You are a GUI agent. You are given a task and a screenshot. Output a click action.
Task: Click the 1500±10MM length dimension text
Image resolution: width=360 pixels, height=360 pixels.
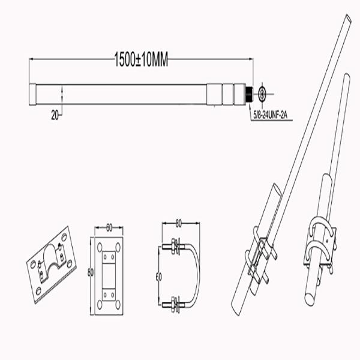(x=142, y=59)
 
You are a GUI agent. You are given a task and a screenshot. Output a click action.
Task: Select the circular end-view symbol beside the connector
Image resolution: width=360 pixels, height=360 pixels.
(x=263, y=94)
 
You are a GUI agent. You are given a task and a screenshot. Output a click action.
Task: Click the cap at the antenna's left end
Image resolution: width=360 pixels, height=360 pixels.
(x=32, y=94)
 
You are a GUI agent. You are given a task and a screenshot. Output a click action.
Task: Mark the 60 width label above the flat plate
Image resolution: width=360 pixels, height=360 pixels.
(x=110, y=228)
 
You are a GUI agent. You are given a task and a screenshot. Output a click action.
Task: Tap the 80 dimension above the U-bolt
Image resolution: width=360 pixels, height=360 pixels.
(x=178, y=224)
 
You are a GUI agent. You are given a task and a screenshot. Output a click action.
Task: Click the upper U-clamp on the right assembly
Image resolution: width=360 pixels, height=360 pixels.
(x=322, y=229)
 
